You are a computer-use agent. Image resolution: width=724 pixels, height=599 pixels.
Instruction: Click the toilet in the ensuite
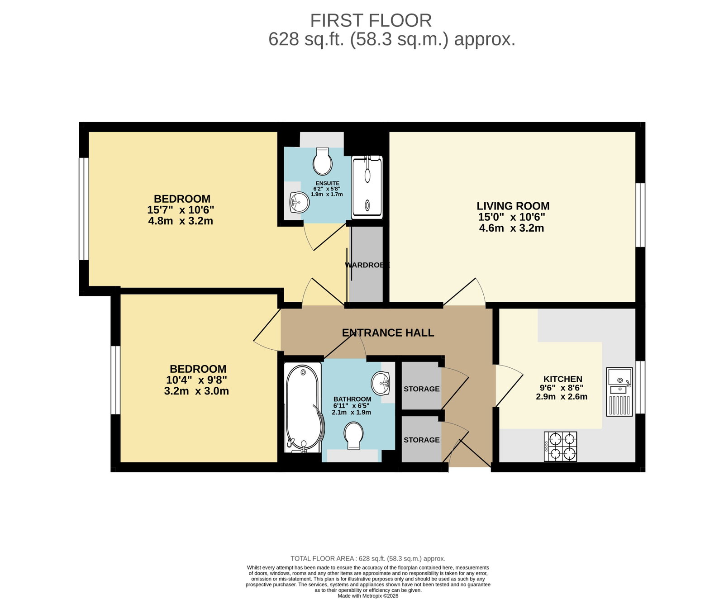323,161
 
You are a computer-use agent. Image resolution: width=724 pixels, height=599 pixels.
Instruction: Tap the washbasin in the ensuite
299,202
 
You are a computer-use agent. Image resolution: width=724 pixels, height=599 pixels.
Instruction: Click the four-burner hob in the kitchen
561,447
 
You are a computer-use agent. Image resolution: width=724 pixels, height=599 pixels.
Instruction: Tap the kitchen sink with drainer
619,392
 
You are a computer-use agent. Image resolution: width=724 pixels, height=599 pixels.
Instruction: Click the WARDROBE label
367,265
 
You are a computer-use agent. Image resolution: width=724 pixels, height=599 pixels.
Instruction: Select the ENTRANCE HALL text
388,333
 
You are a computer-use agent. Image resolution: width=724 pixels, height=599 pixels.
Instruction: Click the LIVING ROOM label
513,206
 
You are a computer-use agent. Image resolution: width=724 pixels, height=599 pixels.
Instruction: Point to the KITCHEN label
563,379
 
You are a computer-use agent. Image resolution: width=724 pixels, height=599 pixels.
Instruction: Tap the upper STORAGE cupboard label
422,389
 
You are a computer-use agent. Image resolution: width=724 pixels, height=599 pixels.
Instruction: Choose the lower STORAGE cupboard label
422,440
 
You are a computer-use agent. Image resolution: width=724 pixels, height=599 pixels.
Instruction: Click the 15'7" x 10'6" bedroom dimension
181,210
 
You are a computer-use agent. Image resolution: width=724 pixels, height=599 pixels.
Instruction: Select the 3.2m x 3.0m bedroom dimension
196,391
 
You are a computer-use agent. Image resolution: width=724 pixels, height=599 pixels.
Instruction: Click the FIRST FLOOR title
371,21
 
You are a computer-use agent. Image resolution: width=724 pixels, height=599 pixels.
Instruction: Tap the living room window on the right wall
640,215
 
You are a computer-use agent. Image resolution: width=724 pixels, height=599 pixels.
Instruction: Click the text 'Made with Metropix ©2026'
368,596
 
